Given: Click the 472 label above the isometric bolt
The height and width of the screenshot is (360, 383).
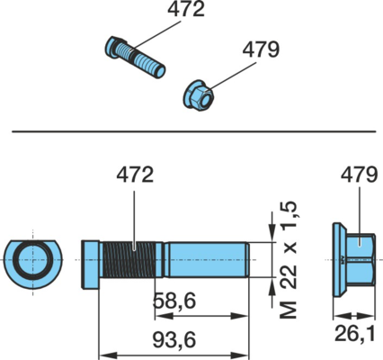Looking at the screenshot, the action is (x=186, y=9).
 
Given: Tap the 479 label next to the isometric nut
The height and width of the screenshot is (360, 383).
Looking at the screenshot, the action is (x=261, y=49).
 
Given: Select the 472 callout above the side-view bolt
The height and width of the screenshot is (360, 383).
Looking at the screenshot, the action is (x=135, y=175).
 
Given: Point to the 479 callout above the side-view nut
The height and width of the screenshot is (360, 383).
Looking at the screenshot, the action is (x=359, y=175).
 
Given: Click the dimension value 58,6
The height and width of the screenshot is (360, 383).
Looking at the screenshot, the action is (x=174, y=301).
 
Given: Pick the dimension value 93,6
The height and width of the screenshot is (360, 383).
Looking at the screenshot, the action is (x=174, y=339).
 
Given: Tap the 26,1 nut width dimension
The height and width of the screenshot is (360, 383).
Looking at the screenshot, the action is (x=355, y=334).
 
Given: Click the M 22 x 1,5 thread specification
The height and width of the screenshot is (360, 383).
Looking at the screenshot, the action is (x=288, y=260).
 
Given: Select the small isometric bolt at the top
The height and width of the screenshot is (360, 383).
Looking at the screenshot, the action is (x=136, y=58).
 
